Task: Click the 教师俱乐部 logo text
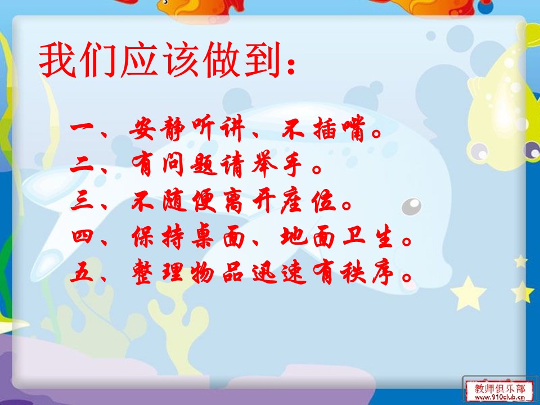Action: tap(497, 388)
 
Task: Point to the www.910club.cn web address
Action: tap(497, 397)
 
